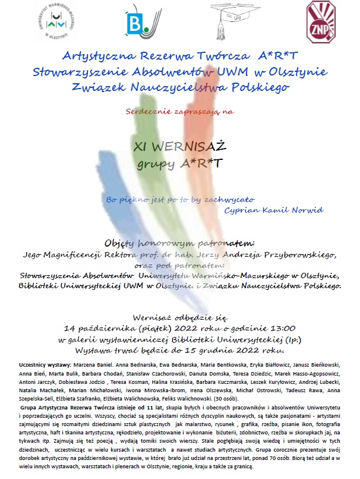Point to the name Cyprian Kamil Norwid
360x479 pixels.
point(274,210)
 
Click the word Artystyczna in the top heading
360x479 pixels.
point(97,57)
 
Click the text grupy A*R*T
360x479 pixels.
point(179,162)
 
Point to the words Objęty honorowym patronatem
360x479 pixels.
point(179,243)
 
